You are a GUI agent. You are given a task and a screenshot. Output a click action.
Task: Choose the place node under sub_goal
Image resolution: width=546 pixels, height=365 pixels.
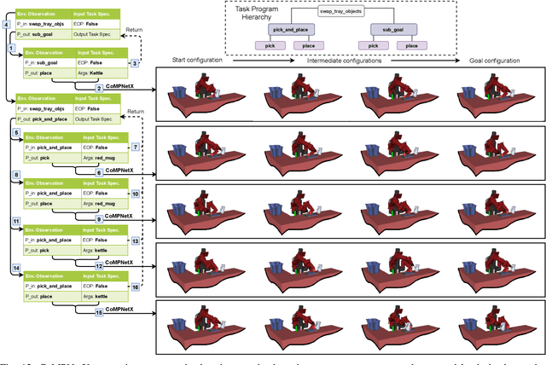click(x=411, y=45)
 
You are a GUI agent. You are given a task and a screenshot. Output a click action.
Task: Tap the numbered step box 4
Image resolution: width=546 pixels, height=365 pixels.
click(x=7, y=25)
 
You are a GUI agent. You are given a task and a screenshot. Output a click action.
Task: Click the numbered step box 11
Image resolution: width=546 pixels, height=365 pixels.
click(x=15, y=221)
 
